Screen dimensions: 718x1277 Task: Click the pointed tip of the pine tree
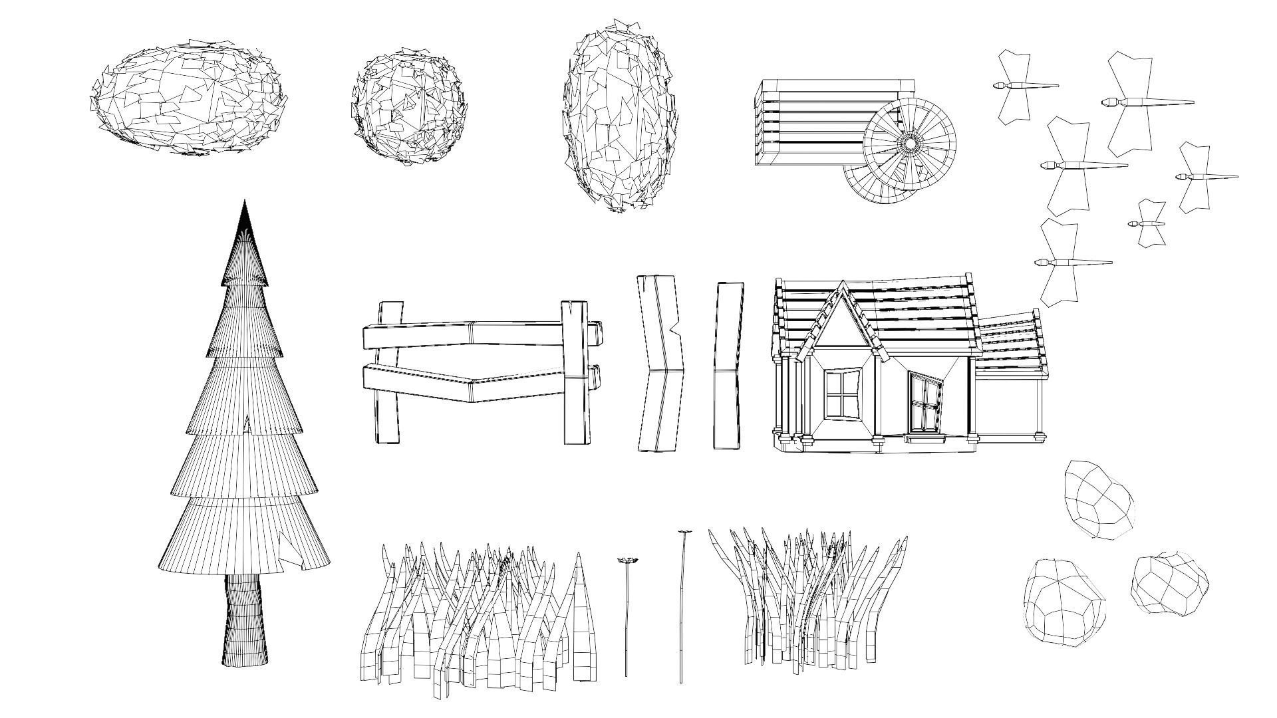245,202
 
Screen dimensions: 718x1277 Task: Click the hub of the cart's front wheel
909,143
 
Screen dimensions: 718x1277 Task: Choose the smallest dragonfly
1147,224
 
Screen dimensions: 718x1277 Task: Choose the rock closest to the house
1098,499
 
